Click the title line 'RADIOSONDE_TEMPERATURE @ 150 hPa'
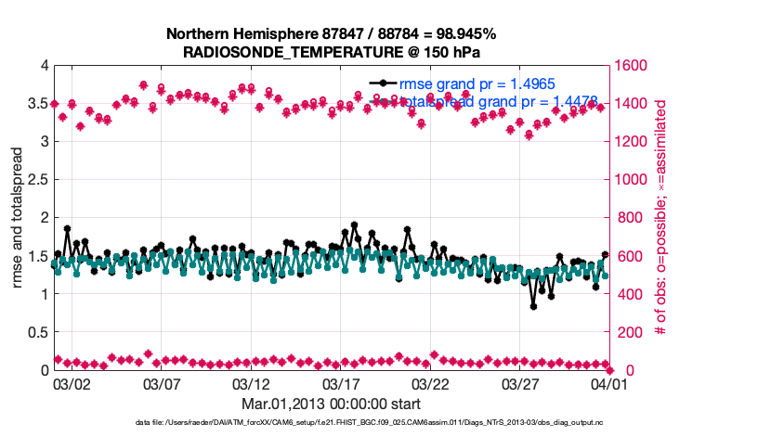point(331,52)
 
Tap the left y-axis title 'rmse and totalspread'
point(20,219)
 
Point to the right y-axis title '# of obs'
point(660,219)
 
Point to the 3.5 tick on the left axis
point(37,104)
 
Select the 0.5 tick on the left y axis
point(37,332)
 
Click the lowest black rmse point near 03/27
point(533,306)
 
